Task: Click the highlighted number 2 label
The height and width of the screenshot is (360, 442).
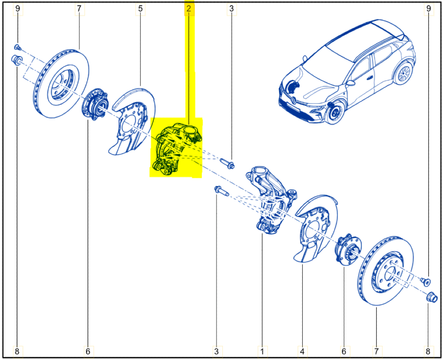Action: (189, 8)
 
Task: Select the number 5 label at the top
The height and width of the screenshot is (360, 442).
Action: (141, 8)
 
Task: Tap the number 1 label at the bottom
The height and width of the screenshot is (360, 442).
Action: (262, 352)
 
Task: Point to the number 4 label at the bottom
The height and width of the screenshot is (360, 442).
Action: (302, 352)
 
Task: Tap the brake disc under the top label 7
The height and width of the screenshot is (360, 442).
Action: (61, 84)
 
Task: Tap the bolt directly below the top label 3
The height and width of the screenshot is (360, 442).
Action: (227, 163)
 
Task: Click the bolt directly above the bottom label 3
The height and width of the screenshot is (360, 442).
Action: (221, 191)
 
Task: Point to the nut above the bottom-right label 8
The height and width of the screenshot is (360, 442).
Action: (431, 297)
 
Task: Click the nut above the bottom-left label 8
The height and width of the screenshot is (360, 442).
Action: (17, 60)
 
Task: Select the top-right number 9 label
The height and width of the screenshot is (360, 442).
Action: (428, 8)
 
